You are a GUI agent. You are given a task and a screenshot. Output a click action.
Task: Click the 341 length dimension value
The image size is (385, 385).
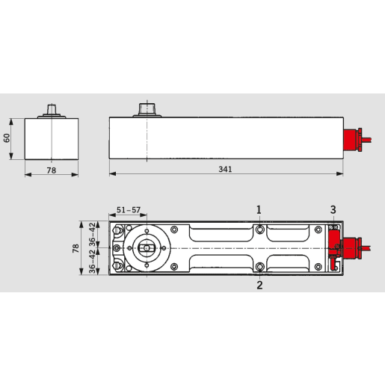pos(225,169)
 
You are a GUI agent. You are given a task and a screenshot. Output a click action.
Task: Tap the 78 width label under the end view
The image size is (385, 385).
pos(51,169)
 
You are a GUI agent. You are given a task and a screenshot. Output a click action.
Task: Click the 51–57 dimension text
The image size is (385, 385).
pos(129,209)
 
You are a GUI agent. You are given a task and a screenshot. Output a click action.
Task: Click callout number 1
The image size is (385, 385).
pos(259,209)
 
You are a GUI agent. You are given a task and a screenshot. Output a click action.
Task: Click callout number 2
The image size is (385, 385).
pos(259,284)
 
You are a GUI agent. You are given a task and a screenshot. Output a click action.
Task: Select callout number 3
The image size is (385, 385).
pos(333,209)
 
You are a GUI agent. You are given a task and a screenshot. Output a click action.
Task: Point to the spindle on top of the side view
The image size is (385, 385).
pos(147,110)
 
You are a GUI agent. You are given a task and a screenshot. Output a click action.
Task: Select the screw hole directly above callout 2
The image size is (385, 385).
pos(259,267)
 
